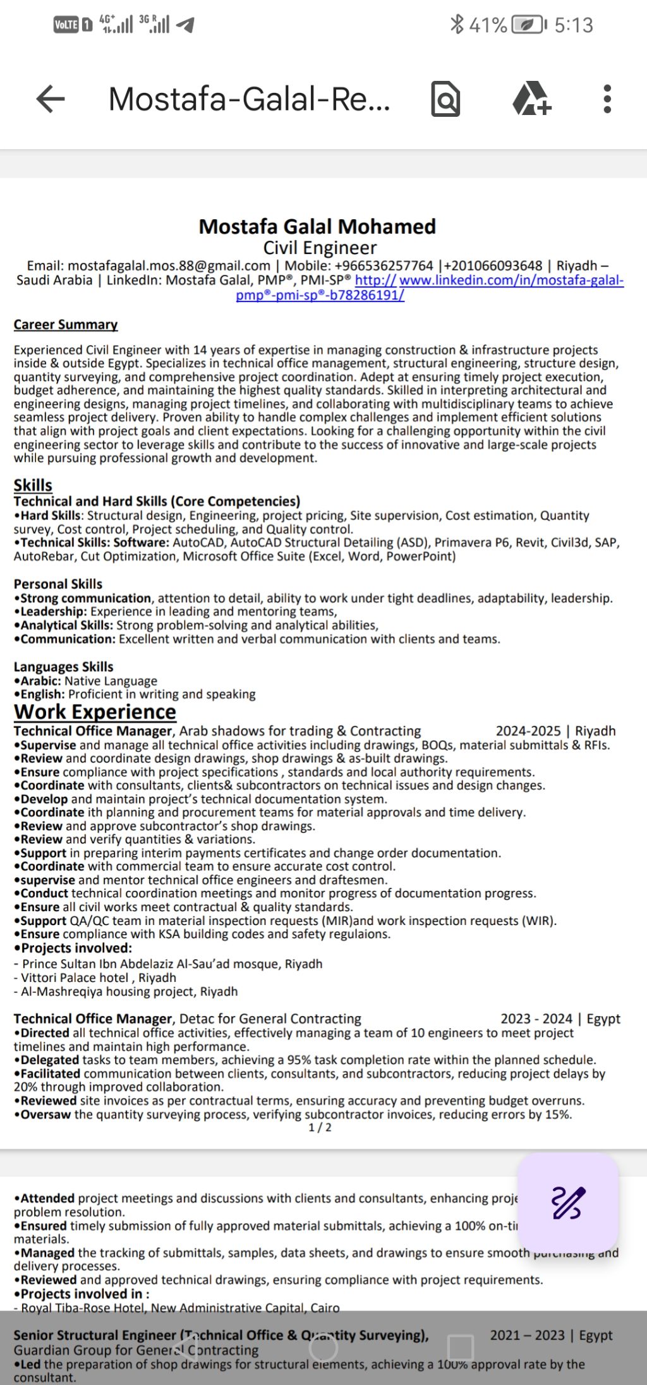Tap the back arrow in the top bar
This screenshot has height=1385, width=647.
(51, 99)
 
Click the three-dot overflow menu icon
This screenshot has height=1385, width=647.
(607, 99)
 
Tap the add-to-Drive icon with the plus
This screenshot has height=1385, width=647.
(531, 99)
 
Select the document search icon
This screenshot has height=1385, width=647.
(445, 99)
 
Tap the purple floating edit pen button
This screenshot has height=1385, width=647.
(567, 1202)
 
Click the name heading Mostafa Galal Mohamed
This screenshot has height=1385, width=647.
(317, 226)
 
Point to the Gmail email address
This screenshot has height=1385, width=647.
(169, 266)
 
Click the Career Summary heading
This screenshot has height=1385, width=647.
(66, 324)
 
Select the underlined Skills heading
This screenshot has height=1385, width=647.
(33, 485)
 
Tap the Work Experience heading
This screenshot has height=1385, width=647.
(95, 712)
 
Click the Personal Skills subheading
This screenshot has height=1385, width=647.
(58, 584)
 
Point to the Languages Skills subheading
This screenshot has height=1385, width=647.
(64, 667)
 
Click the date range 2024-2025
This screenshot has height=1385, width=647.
(528, 731)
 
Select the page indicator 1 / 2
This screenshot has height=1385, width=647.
(320, 1127)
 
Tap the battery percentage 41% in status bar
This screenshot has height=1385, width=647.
(488, 25)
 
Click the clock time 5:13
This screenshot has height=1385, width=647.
(574, 25)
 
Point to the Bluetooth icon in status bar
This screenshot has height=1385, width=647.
(457, 25)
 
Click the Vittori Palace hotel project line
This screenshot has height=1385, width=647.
(95, 977)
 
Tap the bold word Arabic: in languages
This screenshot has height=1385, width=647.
(40, 681)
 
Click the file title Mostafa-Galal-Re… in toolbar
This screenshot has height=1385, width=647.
(250, 99)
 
